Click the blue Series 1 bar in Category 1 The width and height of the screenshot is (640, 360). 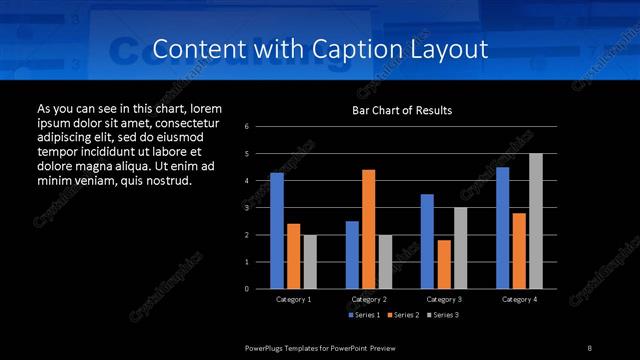pos(277,231)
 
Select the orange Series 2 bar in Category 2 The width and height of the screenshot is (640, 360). pos(368,229)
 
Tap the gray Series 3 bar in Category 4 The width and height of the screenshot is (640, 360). pos(535,221)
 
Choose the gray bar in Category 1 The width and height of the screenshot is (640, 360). pos(310,262)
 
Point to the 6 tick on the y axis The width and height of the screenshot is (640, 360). pos(246,127)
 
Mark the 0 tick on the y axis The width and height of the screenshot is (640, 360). pos(246,289)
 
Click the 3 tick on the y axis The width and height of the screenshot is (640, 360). pos(246,208)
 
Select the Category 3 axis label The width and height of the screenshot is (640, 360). pos(443,299)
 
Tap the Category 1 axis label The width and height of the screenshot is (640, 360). pos(293,299)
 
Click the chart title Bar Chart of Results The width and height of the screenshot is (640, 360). pos(401,109)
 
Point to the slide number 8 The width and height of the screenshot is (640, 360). pos(590,346)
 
